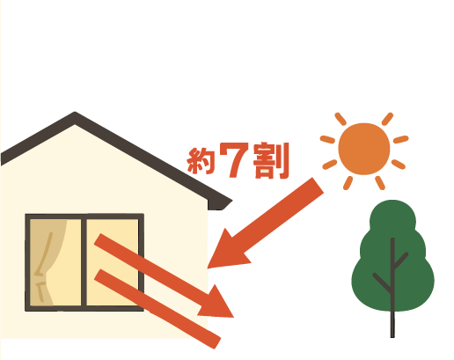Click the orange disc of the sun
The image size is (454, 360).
pos(364,149)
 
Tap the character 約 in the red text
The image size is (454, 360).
pos(201,161)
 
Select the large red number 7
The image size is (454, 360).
pos(234,160)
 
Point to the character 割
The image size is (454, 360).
pos(271,161)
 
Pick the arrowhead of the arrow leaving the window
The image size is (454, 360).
pos(218,304)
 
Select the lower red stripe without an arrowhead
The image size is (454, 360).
pos(157,309)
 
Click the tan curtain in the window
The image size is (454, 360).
pos(47,262)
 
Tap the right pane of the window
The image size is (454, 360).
pos(113,262)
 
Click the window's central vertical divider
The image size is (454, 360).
pos(84,262)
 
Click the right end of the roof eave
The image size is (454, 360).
pos(231,202)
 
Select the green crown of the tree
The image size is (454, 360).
pos(392,255)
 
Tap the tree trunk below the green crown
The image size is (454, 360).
pos(392,324)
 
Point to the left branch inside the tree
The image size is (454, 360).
pos(382,283)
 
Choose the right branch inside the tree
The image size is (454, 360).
pos(401,261)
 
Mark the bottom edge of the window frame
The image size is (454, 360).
pos(84,308)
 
